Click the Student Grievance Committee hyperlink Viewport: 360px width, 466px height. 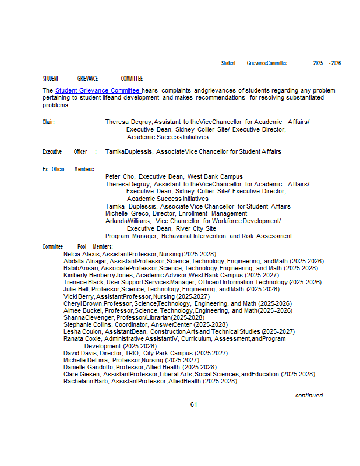tap(97, 91)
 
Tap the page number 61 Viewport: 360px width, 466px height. tap(194, 404)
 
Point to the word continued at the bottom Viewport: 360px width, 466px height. tap(309, 395)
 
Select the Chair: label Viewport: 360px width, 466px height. tap(48, 122)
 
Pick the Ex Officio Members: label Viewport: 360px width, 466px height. tap(68, 169)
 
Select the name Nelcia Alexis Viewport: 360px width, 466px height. tap(82, 255)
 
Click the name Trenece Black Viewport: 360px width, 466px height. tap(83, 282)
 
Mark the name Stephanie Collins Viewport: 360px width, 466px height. tap(87, 324)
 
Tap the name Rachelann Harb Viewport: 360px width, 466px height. tap(85, 381)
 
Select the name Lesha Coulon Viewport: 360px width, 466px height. tap(82, 331)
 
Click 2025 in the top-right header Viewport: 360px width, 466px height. tap(318, 63)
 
